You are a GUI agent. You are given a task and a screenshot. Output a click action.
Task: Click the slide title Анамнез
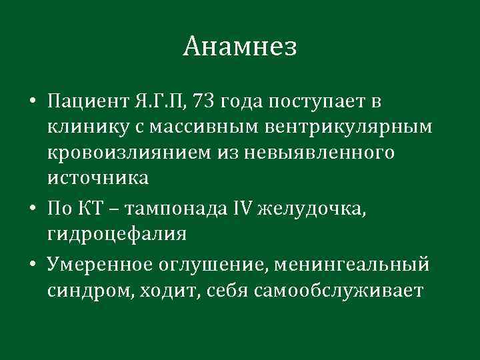pyautogui.click(x=239, y=46)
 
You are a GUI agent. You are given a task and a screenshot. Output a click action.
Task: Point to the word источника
pyautogui.click(x=98, y=178)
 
